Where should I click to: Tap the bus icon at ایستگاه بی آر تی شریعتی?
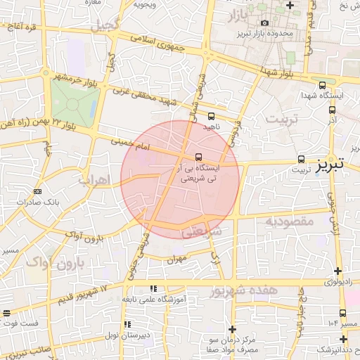199,157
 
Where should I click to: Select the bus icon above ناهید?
212,116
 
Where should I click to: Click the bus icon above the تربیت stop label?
302,159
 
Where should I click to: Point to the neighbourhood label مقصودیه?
288,222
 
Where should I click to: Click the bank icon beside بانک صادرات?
37,191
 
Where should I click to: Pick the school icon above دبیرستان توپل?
127,324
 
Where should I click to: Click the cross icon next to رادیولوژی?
338,271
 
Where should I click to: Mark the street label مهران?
176,259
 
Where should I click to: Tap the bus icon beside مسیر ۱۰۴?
342,313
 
